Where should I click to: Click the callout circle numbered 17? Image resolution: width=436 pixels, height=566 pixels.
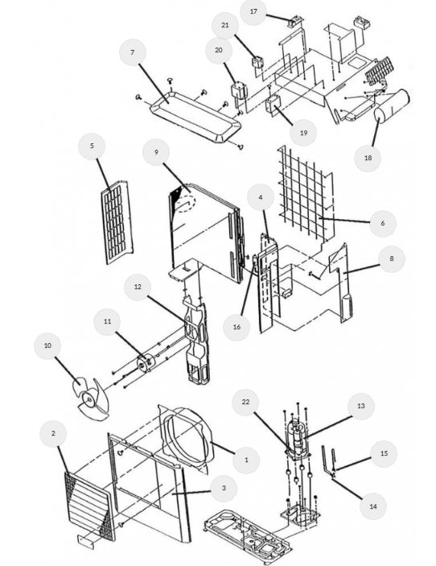pyautogui.click(x=253, y=11)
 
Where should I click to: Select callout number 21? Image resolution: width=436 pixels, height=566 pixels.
pyautogui.click(x=225, y=25)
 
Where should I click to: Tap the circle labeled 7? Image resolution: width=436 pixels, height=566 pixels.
pyautogui.click(x=133, y=52)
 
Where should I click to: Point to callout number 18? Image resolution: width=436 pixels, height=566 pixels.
pyautogui.click(x=368, y=158)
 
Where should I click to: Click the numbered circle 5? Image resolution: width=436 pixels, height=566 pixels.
pyautogui.click(x=92, y=146)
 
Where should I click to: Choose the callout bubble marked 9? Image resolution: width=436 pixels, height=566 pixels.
pyautogui.click(x=156, y=152)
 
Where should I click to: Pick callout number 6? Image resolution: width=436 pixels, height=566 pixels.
pyautogui.click(x=383, y=224)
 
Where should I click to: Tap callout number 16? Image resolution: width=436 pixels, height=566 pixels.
pyautogui.click(x=237, y=327)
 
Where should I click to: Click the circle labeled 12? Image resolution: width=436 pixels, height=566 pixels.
pyautogui.click(x=138, y=287)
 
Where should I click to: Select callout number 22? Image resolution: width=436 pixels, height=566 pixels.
pyautogui.click(x=245, y=402)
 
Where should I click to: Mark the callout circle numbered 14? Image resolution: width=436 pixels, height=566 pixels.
pyautogui.click(x=373, y=506)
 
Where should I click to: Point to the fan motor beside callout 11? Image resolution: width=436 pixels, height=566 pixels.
pyautogui.click(x=146, y=362)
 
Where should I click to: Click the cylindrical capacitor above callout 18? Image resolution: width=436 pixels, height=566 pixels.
pyautogui.click(x=391, y=105)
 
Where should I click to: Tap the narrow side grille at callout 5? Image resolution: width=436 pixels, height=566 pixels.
pyautogui.click(x=117, y=223)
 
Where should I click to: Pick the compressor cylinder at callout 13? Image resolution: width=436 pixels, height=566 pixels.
pyautogui.click(x=298, y=437)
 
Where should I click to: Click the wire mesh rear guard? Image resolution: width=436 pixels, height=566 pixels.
pyautogui.click(x=305, y=195)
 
